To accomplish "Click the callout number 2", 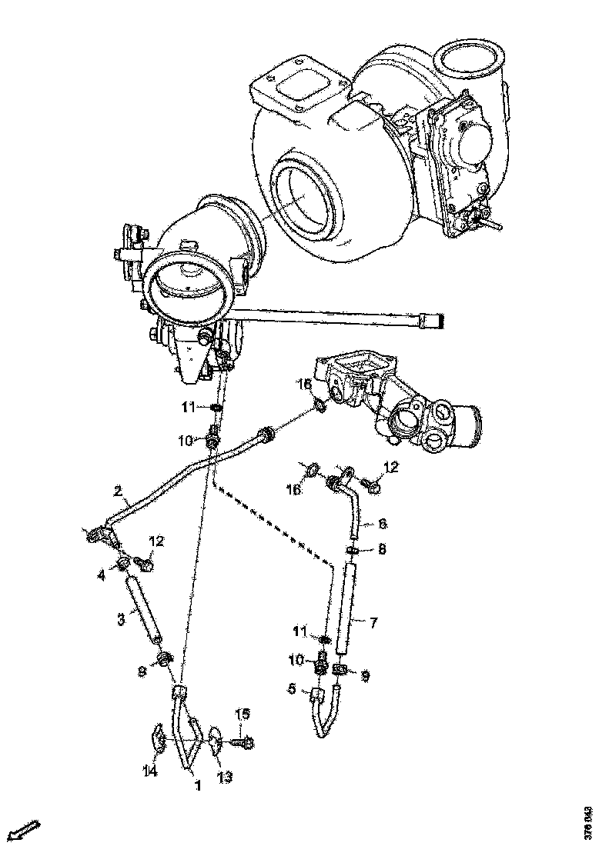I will tap(118, 490).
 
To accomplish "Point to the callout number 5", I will tap(292, 690).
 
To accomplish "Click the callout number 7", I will tap(373, 623).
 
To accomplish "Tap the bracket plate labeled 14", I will tap(158, 739).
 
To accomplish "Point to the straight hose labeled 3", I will tap(144, 610).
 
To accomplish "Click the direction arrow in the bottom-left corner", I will tap(24, 831).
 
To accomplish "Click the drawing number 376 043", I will tap(589, 823).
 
